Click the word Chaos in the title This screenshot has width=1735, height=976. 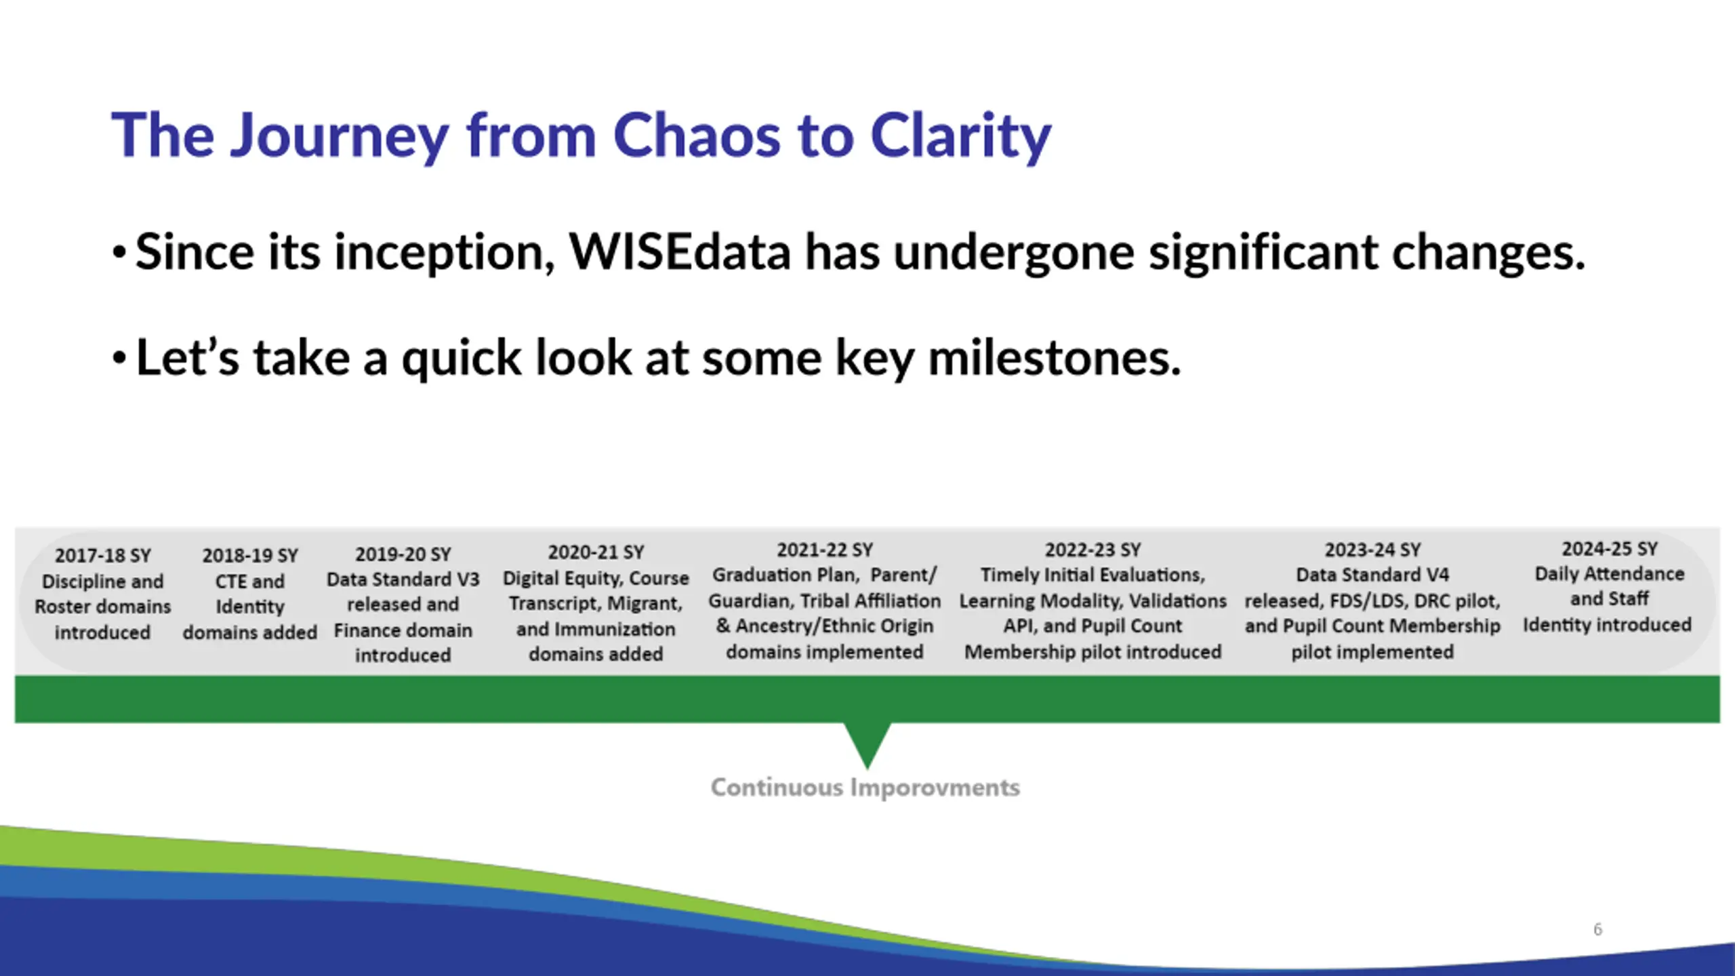point(697,136)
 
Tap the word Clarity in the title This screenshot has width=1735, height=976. point(960,138)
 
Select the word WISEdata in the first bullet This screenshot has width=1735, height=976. point(680,251)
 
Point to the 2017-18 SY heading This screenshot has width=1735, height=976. point(103,556)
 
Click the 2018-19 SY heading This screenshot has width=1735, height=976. point(250,556)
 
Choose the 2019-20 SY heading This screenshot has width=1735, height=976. point(403,554)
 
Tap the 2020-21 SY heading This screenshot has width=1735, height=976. point(596,552)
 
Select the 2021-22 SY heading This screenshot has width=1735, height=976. point(825,550)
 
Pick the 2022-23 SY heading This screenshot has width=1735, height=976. point(1093,550)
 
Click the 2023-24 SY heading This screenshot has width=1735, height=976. point(1372,550)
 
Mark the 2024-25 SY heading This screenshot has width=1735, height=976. point(1610,549)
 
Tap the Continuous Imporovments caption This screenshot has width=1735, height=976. point(865,788)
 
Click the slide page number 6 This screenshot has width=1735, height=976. point(1597,929)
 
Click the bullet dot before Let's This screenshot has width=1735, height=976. point(119,359)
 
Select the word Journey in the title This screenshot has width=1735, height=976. point(339,138)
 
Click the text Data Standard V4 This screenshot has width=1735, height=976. point(1372,575)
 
